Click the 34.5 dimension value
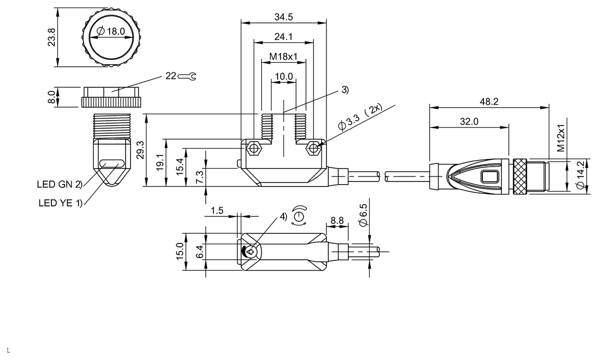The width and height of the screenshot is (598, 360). click(283, 17)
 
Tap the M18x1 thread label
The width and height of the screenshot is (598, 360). click(283, 57)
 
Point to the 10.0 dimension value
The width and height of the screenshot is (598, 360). click(283, 76)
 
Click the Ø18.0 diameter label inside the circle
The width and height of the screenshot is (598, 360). click(108, 31)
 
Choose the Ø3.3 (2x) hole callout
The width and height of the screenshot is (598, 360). click(359, 118)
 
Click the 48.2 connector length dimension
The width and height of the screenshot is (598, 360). click(489, 102)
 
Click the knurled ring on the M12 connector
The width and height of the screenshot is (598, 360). click(520, 177)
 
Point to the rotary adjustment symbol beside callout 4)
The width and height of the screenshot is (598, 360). click(299, 216)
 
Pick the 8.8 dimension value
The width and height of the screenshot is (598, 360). click(337, 220)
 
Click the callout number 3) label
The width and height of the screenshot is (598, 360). click(345, 90)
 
